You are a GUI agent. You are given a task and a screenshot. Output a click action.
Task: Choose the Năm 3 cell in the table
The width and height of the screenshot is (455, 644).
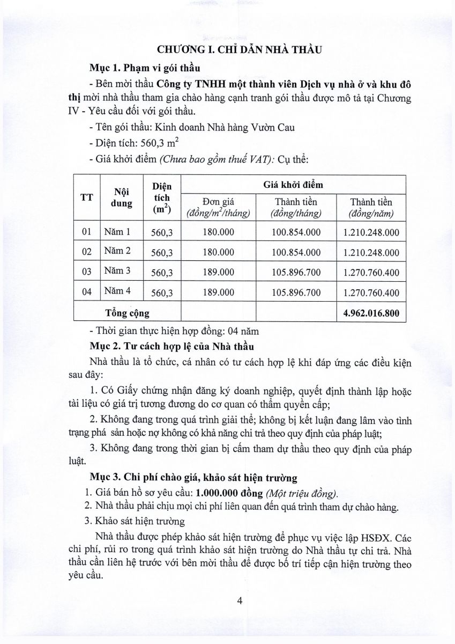117,271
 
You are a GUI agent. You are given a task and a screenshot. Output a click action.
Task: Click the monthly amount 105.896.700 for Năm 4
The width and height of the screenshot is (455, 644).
296,292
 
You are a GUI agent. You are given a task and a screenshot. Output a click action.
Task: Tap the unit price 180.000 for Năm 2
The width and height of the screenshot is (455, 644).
219,252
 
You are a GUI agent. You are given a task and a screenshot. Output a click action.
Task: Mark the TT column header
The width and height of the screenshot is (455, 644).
87,196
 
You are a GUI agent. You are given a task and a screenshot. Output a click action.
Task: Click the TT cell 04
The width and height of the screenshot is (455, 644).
87,292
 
